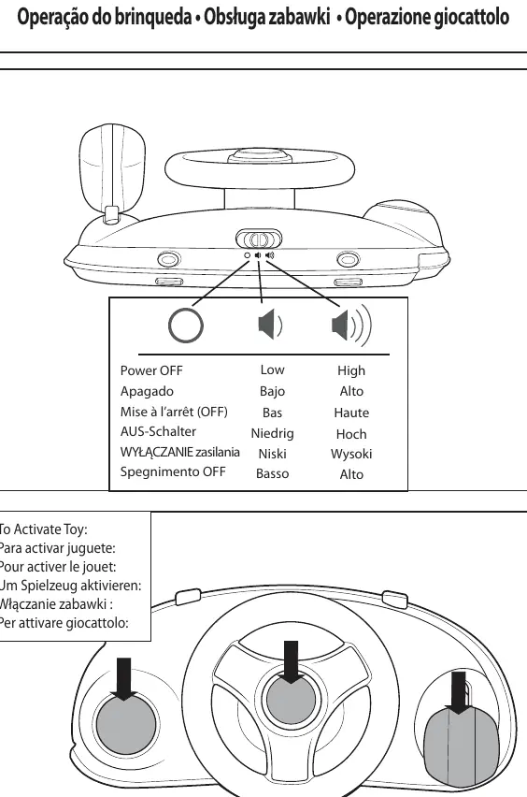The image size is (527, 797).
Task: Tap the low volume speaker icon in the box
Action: click(x=270, y=325)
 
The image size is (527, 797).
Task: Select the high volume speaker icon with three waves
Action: click(x=351, y=325)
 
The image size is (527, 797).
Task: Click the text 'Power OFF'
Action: click(x=151, y=370)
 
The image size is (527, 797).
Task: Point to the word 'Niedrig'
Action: click(x=272, y=433)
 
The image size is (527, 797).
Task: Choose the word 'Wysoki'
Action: click(x=351, y=454)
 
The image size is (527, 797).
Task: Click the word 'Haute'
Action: click(x=351, y=413)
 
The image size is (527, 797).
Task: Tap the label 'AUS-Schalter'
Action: click(x=158, y=431)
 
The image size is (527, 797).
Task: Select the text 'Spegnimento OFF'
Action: click(x=173, y=471)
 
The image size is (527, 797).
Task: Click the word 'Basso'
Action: click(x=272, y=473)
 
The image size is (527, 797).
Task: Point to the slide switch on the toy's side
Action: click(x=259, y=239)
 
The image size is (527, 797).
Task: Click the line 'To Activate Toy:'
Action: click(x=43, y=529)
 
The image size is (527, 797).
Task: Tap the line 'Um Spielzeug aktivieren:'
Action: click(x=70, y=586)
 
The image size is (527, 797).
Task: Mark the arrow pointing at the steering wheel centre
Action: click(x=291, y=661)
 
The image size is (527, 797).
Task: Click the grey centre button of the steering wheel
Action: click(x=291, y=700)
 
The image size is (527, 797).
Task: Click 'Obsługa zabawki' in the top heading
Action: click(x=267, y=17)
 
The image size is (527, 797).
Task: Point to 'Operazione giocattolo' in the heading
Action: click(x=427, y=17)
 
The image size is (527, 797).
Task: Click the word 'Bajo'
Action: click(x=272, y=391)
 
